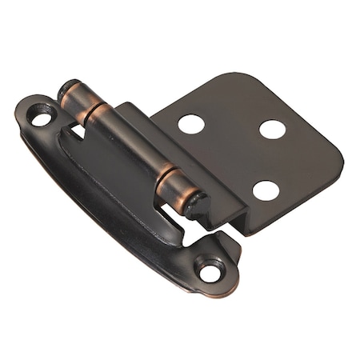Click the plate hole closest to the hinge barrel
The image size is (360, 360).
coord(191,123)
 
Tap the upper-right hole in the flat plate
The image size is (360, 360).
coord(272,129)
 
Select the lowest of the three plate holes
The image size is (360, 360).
coord(266,190)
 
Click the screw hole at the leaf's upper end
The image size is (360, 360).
coord(40,117)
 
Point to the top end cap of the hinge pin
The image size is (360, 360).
coord(68,89)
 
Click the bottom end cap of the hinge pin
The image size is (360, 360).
coord(196,205)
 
